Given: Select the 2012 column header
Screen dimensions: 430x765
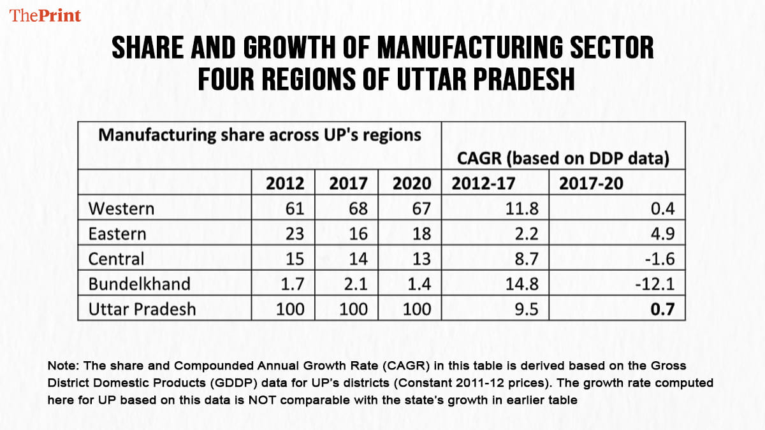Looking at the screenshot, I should coord(285,183).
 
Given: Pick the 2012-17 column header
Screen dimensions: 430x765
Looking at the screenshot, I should coord(483,183).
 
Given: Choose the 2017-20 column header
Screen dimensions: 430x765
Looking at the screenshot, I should coord(591,183).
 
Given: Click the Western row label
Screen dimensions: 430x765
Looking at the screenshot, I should coord(121,208).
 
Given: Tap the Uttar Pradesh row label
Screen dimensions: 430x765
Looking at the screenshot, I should coord(142,310).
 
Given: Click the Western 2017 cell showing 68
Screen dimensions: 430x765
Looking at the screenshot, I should coord(358,208).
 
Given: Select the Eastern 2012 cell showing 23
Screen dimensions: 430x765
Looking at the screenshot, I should coord(295,234).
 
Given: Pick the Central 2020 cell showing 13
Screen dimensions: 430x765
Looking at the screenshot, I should coord(421,259).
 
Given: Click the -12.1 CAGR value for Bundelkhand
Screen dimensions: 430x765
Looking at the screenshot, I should coord(656,284).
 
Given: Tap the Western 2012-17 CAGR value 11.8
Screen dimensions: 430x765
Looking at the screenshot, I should coord(526,208).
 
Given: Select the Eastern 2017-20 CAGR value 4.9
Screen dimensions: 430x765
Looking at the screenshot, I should coord(663,234).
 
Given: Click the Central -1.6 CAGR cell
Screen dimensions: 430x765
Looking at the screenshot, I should coord(660,259).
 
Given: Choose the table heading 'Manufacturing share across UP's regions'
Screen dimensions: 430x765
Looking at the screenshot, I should coord(259,135).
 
